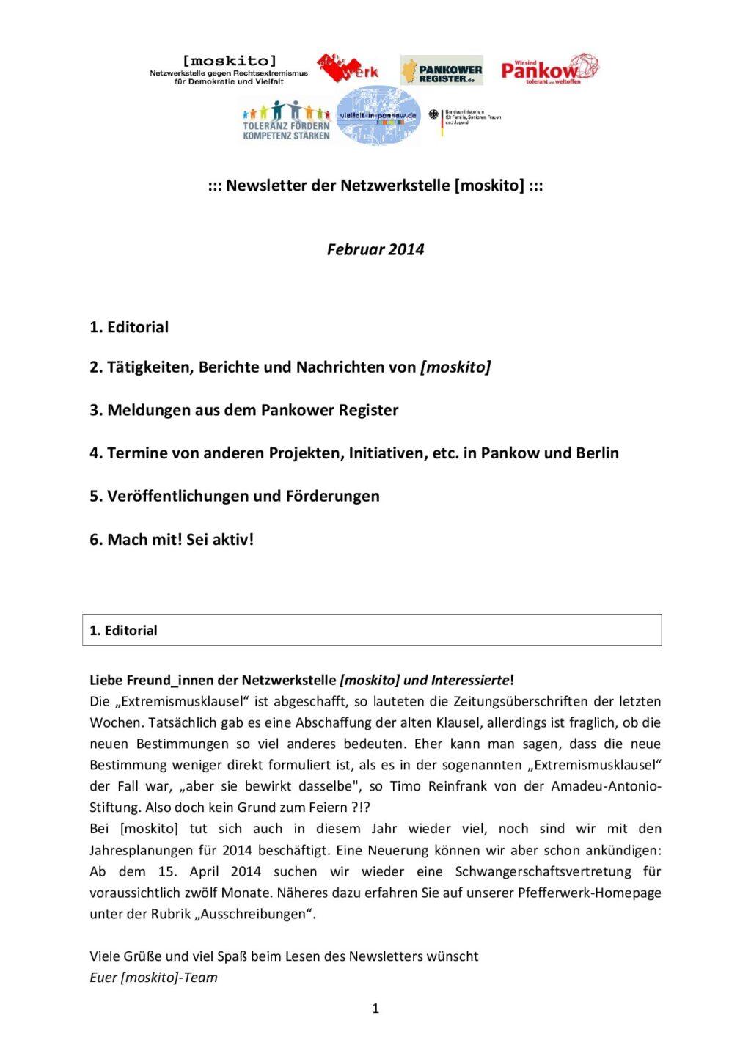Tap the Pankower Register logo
tap(442, 70)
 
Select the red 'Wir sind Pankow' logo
tap(549, 69)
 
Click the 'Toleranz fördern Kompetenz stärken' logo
tap(286, 121)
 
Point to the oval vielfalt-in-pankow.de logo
tap(378, 116)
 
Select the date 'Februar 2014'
tap(375, 249)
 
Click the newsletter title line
tap(375, 186)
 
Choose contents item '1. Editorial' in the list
tap(129, 327)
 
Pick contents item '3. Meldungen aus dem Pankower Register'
tap(243, 410)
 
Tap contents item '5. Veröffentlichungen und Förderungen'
tap(235, 496)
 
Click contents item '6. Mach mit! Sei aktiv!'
tap(172, 539)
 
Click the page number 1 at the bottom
tap(375, 1008)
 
